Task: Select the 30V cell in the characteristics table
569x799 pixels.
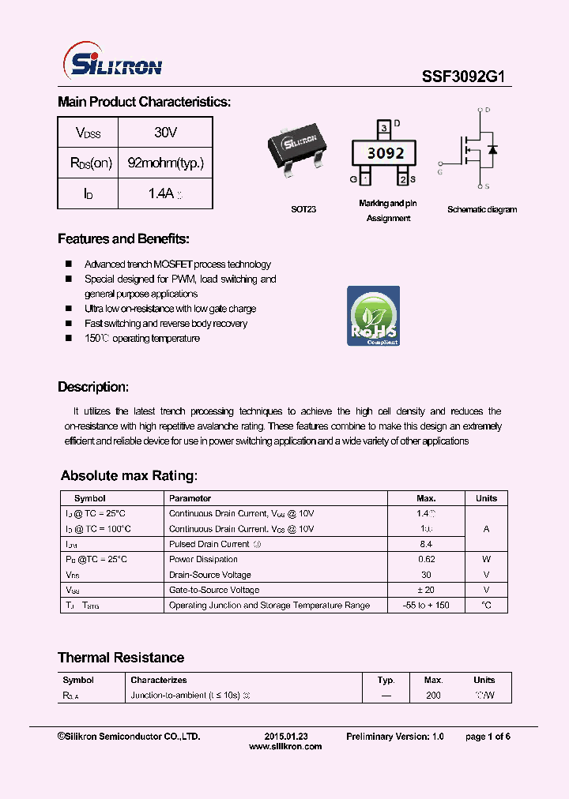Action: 165,133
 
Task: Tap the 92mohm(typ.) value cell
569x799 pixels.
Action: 165,163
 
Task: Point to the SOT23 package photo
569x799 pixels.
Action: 299,145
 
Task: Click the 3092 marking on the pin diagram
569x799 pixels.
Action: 386,153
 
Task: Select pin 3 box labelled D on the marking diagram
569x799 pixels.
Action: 383,127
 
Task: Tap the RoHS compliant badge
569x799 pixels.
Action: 374,316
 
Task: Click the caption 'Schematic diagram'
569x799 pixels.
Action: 482,210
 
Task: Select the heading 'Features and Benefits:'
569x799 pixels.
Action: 123,239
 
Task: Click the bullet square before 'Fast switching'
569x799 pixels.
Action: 69,324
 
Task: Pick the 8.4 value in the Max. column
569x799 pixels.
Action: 427,545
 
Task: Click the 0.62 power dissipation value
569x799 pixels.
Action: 427,560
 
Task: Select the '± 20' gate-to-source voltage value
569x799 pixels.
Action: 427,590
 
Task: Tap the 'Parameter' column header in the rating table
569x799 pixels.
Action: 190,498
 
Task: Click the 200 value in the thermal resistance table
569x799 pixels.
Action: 433,696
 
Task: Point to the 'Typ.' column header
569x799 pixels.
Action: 386,680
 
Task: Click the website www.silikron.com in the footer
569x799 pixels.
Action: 285,746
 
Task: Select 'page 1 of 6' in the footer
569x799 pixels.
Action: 488,736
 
